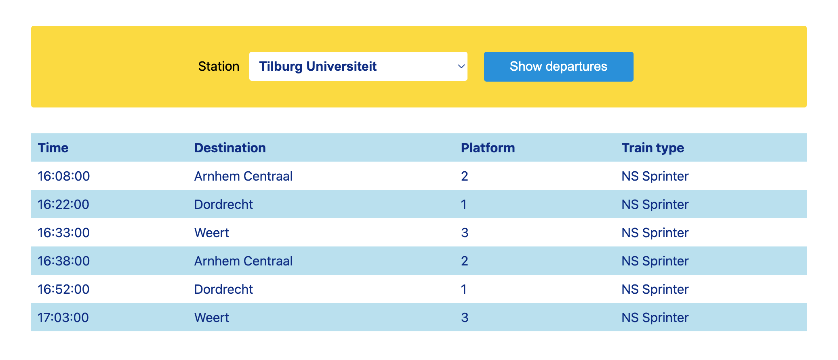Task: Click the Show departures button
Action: (558, 67)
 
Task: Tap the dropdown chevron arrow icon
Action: (461, 66)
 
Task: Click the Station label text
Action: (219, 66)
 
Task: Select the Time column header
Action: (53, 148)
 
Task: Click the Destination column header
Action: (230, 148)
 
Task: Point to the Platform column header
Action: (488, 148)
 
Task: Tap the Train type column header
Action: (653, 148)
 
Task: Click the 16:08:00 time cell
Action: (64, 176)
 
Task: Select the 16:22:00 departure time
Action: (63, 204)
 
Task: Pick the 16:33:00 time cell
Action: (64, 233)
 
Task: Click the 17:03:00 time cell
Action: (63, 318)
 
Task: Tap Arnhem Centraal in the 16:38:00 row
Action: (243, 261)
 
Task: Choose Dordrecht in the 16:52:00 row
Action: (223, 289)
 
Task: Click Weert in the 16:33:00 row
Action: (211, 233)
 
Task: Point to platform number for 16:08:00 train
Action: (464, 176)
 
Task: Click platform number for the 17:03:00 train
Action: (465, 318)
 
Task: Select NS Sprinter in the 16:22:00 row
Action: (655, 204)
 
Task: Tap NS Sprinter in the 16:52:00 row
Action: (655, 289)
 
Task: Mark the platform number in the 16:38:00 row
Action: (464, 261)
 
